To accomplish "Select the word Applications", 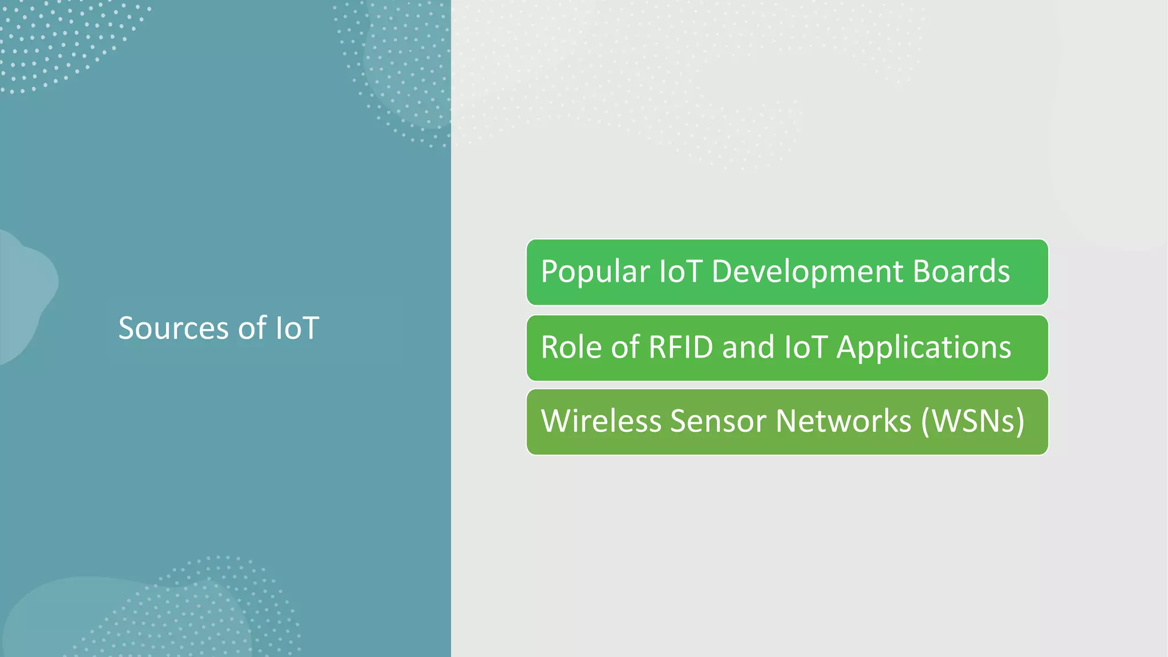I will click(923, 347).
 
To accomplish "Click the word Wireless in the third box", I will click(601, 421).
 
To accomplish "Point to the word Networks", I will click(843, 421).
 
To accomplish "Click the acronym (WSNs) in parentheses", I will click(973, 421).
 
